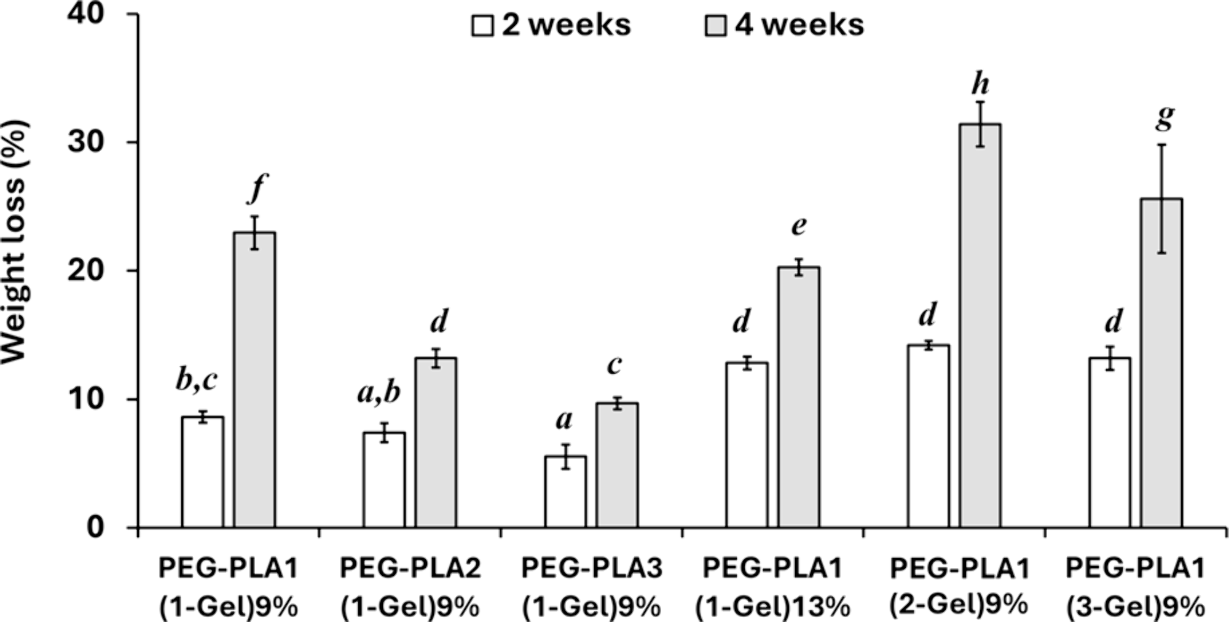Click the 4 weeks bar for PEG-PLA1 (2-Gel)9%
980,326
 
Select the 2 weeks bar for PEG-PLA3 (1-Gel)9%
565,492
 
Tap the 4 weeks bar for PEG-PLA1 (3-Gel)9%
1161,363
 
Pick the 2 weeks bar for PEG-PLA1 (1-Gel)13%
747,445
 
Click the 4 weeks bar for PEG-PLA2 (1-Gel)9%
436,443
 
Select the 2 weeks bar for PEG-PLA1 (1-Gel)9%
202,472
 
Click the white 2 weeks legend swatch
482,26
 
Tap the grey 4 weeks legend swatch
715,26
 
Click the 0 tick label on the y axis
95,527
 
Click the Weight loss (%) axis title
15,241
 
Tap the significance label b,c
196,380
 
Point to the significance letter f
257,187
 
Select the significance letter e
798,226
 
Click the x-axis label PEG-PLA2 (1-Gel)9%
410,587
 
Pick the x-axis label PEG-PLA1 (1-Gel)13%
772,587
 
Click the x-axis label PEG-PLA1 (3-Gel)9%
1135,587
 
